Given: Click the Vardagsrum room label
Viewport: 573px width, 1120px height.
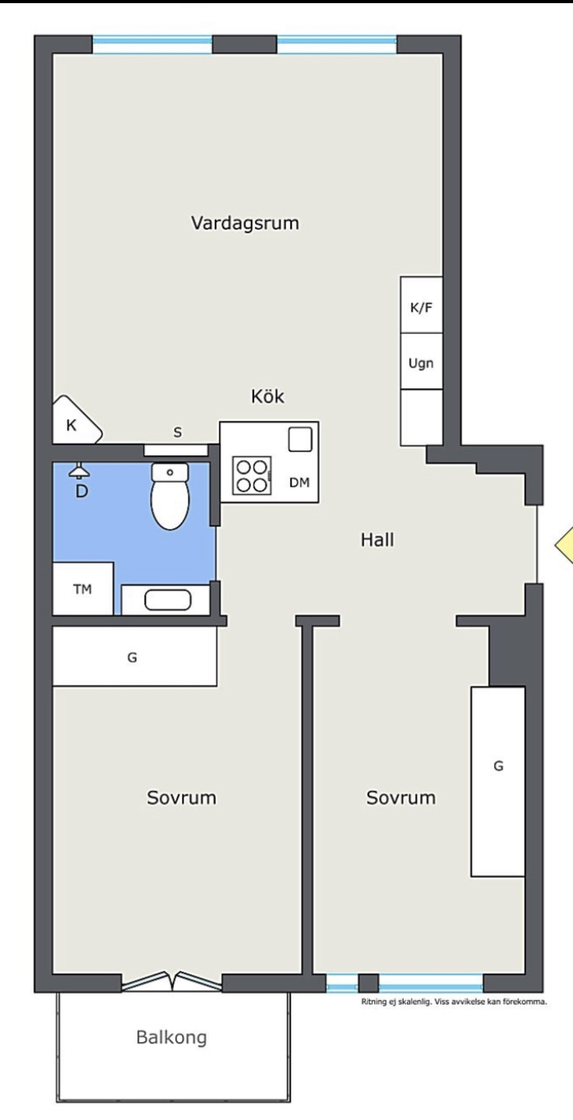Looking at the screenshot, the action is (245, 223).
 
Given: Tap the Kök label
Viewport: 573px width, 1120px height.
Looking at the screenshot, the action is (267, 396).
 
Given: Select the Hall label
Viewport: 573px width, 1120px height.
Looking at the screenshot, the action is (377, 540).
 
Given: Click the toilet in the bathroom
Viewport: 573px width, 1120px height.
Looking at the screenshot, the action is (169, 496).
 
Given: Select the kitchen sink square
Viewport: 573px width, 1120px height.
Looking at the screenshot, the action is (300, 439).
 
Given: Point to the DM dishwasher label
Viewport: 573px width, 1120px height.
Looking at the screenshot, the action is (299, 482).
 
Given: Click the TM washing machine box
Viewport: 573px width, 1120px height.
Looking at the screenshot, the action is (83, 588).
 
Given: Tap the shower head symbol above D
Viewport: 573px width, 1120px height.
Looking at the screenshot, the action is (80, 471).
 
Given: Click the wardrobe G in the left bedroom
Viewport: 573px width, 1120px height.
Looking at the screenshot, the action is (135, 656).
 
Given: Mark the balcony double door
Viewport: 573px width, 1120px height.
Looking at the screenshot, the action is (171, 981).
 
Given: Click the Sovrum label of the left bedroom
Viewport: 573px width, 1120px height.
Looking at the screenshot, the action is (181, 797).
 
